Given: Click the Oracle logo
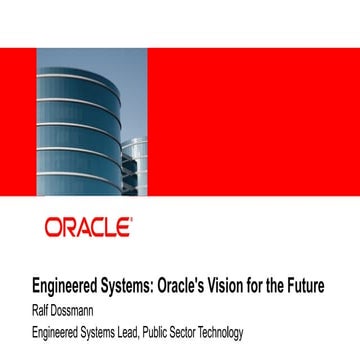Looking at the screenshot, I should point(87,227).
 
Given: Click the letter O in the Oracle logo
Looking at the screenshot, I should point(52,227).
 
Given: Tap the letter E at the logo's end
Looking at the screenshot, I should point(123,227).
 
